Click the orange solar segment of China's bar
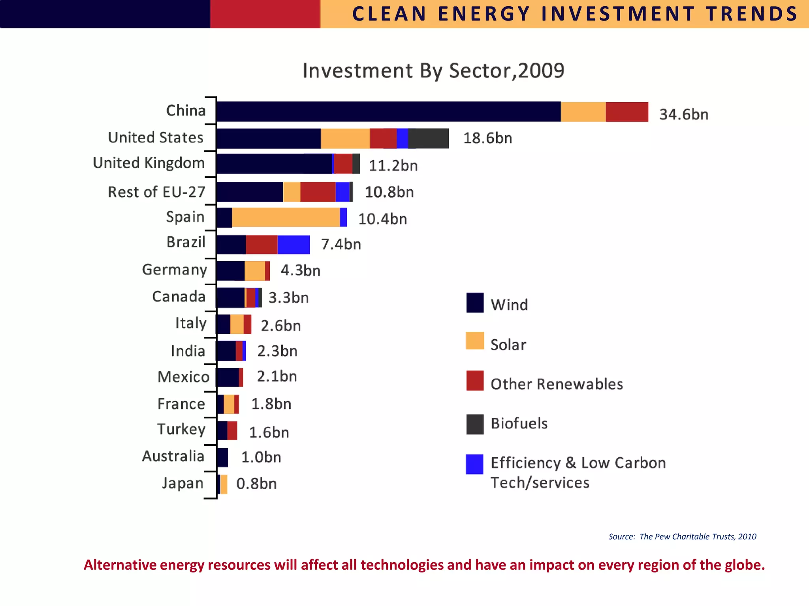583,112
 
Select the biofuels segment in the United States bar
429,138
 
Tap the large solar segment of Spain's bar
286,217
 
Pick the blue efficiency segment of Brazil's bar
293,245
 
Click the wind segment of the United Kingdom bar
274,164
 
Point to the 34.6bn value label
684,114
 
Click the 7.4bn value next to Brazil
341,244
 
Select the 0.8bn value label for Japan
256,484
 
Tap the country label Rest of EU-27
156,192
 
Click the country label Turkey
181,429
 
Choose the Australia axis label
173,456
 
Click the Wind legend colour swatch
475,303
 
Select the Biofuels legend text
519,423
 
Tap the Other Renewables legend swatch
475,381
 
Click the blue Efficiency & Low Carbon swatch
474,464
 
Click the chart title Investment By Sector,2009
433,71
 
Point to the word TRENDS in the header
752,14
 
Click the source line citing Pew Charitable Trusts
682,537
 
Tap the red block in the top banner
265,14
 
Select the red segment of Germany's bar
267,271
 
